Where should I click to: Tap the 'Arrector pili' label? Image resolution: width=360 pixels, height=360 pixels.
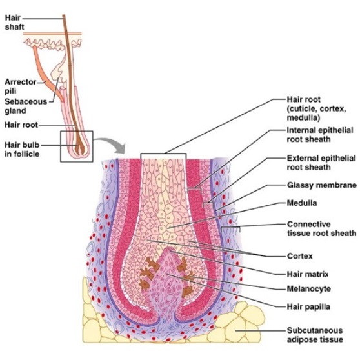click(19, 86)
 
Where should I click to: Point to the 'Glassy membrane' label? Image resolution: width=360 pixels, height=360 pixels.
click(321, 185)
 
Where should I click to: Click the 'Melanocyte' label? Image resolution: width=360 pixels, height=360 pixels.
click(308, 288)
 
